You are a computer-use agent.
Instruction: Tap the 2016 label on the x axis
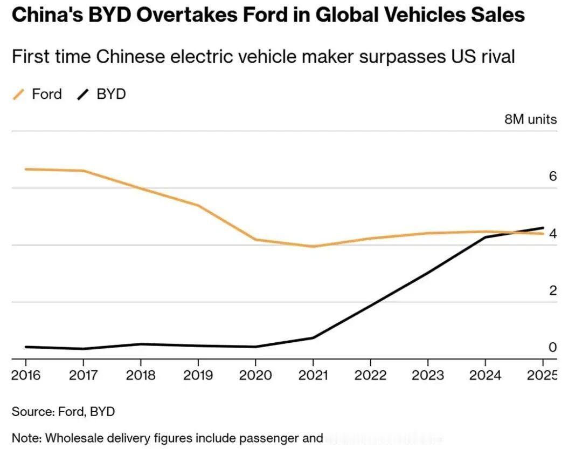click(26, 375)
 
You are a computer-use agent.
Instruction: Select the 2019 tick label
click(198, 375)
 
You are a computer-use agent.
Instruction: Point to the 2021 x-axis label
click(313, 375)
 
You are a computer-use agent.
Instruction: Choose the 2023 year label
click(427, 375)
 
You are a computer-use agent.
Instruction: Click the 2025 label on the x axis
click(541, 375)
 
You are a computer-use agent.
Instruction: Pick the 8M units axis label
click(530, 119)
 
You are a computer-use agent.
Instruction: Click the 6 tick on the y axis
click(552, 177)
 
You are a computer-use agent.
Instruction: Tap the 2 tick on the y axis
click(552, 290)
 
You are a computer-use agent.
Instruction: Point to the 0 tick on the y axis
click(552, 347)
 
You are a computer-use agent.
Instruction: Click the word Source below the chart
click(30, 411)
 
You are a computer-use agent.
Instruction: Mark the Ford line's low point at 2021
click(313, 247)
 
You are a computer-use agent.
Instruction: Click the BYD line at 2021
click(313, 338)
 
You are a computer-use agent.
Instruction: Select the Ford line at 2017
click(84, 171)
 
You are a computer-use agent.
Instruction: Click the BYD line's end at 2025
click(543, 228)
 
